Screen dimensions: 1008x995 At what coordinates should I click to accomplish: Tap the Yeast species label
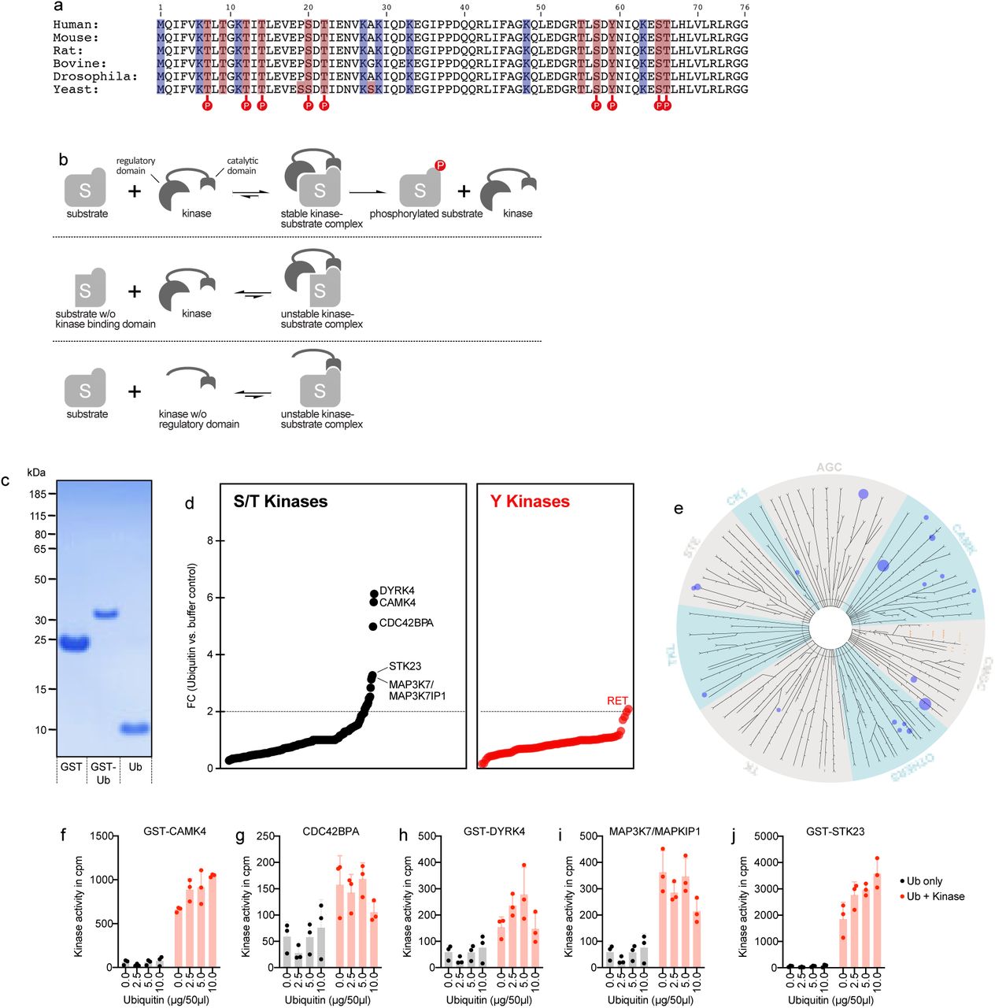point(76,89)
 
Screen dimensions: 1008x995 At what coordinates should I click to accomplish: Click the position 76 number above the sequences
point(744,8)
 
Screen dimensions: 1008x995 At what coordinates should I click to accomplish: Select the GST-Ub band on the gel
point(105,613)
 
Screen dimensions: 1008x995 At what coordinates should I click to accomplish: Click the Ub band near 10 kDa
point(134,728)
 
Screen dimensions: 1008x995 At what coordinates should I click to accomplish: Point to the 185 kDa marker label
point(36,494)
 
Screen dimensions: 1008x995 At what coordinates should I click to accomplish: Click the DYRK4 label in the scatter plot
point(397,591)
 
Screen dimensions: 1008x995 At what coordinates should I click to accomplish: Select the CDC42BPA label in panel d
point(406,623)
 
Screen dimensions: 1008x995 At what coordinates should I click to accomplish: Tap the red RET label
point(617,700)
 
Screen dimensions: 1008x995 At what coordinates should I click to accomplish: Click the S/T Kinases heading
point(280,502)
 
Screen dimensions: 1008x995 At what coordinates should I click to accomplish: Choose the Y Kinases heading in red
point(530,502)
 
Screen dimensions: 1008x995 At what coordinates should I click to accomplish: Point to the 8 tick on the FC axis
point(210,541)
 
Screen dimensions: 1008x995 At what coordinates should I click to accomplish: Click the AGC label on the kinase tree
point(829,467)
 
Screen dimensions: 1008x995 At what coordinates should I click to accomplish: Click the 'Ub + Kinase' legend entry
point(934,896)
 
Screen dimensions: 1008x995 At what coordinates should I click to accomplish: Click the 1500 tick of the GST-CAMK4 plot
point(102,836)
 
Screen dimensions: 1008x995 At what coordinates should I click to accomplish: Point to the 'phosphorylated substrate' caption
point(426,213)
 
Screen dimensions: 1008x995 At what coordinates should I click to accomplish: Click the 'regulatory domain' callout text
point(135,165)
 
